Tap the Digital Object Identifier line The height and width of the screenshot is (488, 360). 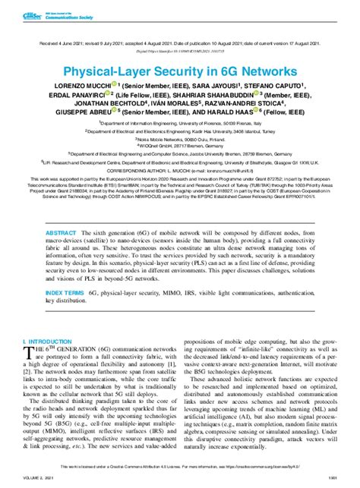180,37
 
